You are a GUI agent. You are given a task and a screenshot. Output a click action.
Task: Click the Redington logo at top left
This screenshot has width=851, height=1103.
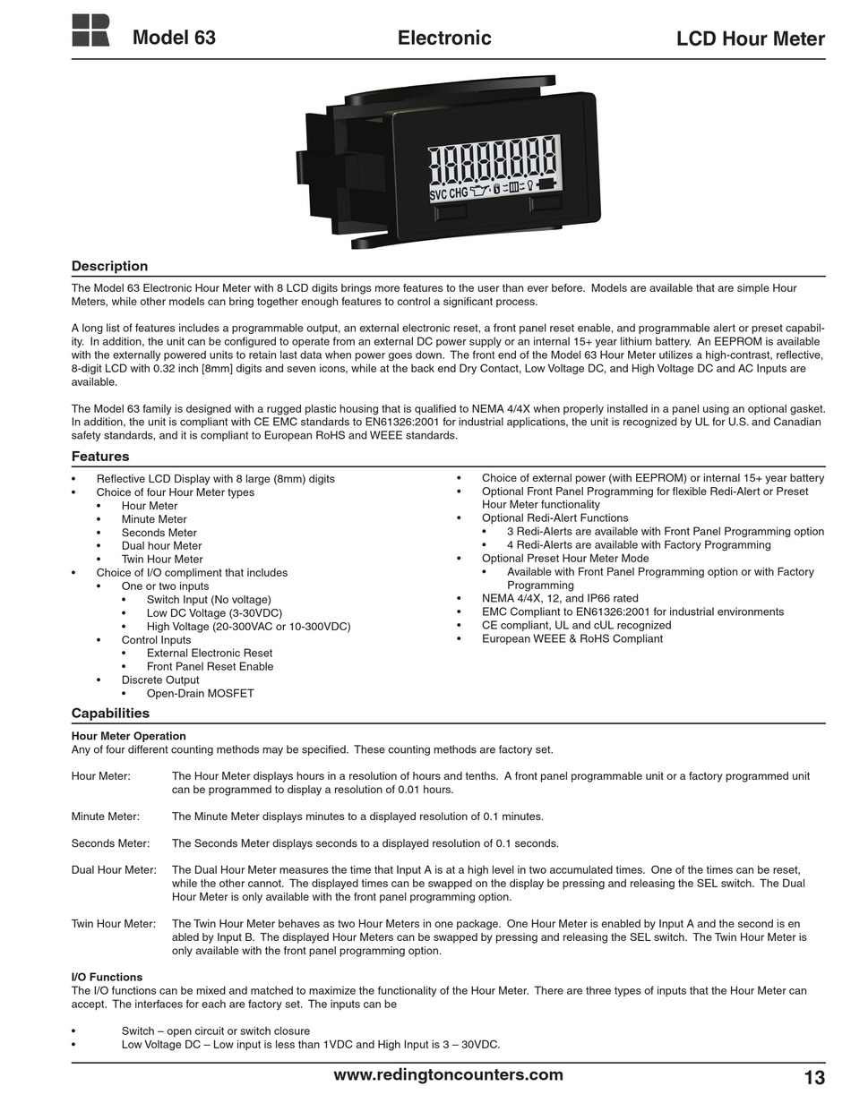[90, 30]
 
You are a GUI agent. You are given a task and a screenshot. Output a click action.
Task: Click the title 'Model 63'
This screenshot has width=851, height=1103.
[174, 38]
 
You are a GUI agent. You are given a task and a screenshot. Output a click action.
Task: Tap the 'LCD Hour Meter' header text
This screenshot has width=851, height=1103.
[750, 38]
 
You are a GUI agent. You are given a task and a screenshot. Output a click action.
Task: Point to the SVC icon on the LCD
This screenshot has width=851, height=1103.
[438, 194]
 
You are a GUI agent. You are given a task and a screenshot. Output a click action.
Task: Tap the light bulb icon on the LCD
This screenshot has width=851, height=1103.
[529, 186]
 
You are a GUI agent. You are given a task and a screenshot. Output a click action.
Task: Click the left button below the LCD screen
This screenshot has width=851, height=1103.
[451, 212]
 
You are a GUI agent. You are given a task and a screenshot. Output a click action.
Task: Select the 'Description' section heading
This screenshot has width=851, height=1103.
[109, 266]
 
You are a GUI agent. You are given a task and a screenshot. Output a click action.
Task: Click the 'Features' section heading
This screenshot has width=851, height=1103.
[100, 457]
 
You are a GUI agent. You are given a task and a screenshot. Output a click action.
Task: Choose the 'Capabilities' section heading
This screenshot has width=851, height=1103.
[110, 714]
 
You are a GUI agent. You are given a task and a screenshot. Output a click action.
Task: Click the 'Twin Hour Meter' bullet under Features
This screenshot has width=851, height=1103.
[162, 560]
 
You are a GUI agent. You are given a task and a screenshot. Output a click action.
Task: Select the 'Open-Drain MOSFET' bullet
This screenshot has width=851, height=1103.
[200, 694]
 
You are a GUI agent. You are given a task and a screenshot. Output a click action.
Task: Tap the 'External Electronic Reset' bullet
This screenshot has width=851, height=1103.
[210, 654]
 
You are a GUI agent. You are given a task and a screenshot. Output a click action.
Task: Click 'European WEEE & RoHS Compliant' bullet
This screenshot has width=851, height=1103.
[572, 639]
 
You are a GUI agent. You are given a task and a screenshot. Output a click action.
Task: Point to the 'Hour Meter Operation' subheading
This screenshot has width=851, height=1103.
[129, 736]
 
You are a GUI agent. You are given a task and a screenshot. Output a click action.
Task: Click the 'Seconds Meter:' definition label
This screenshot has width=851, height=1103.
[110, 843]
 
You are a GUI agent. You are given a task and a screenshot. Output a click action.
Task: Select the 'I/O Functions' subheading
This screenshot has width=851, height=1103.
[107, 977]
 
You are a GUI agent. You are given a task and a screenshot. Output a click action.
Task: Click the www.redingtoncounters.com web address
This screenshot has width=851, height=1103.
[448, 1075]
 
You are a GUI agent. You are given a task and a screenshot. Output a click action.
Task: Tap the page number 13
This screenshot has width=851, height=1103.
[813, 1077]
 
